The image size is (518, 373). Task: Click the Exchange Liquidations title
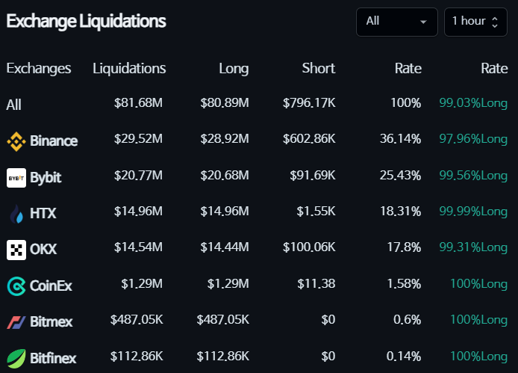(x=86, y=21)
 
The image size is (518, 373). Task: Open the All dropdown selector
(x=396, y=21)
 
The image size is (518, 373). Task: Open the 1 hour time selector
(x=475, y=21)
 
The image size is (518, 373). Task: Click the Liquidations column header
(x=129, y=68)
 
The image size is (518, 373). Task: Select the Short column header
(x=319, y=68)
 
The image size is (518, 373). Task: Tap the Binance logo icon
(x=16, y=140)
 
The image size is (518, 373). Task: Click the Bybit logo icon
(x=16, y=178)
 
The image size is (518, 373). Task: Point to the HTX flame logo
(x=16, y=213)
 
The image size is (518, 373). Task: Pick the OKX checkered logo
(x=16, y=250)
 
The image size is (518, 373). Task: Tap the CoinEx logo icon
(x=16, y=286)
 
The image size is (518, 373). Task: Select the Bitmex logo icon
(x=16, y=322)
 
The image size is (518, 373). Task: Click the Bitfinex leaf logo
(x=16, y=358)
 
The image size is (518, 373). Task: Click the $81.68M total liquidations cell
(x=138, y=102)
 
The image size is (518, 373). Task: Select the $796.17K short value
(x=309, y=102)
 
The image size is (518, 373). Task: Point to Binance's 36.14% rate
(x=401, y=139)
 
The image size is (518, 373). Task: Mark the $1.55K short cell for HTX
(x=316, y=212)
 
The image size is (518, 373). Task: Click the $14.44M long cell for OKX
(x=225, y=248)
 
